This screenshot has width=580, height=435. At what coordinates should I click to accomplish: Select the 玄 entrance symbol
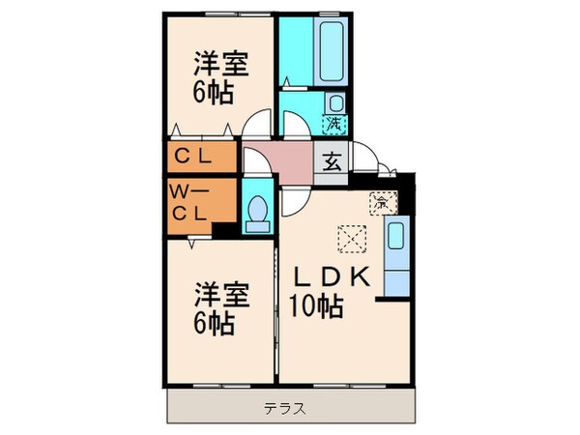click(x=332, y=160)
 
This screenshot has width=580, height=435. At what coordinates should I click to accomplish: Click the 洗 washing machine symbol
click(x=333, y=124)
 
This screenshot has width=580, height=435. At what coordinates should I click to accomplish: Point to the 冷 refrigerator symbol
click(x=383, y=203)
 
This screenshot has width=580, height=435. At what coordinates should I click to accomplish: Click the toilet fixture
click(x=258, y=212)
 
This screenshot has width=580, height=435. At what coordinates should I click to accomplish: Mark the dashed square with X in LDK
click(x=348, y=237)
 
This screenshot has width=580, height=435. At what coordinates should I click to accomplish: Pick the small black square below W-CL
click(x=223, y=231)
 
